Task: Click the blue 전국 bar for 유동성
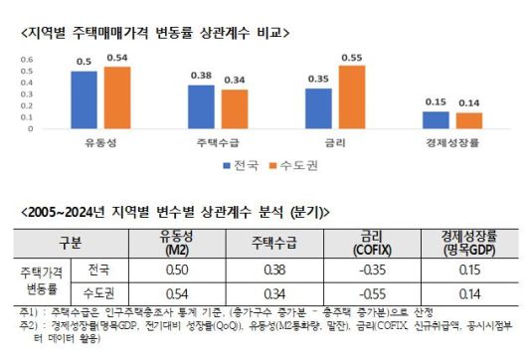85,99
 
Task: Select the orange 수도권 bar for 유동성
117,97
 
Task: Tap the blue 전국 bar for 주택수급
202,106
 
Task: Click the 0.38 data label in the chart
202,76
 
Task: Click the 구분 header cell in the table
71,241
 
